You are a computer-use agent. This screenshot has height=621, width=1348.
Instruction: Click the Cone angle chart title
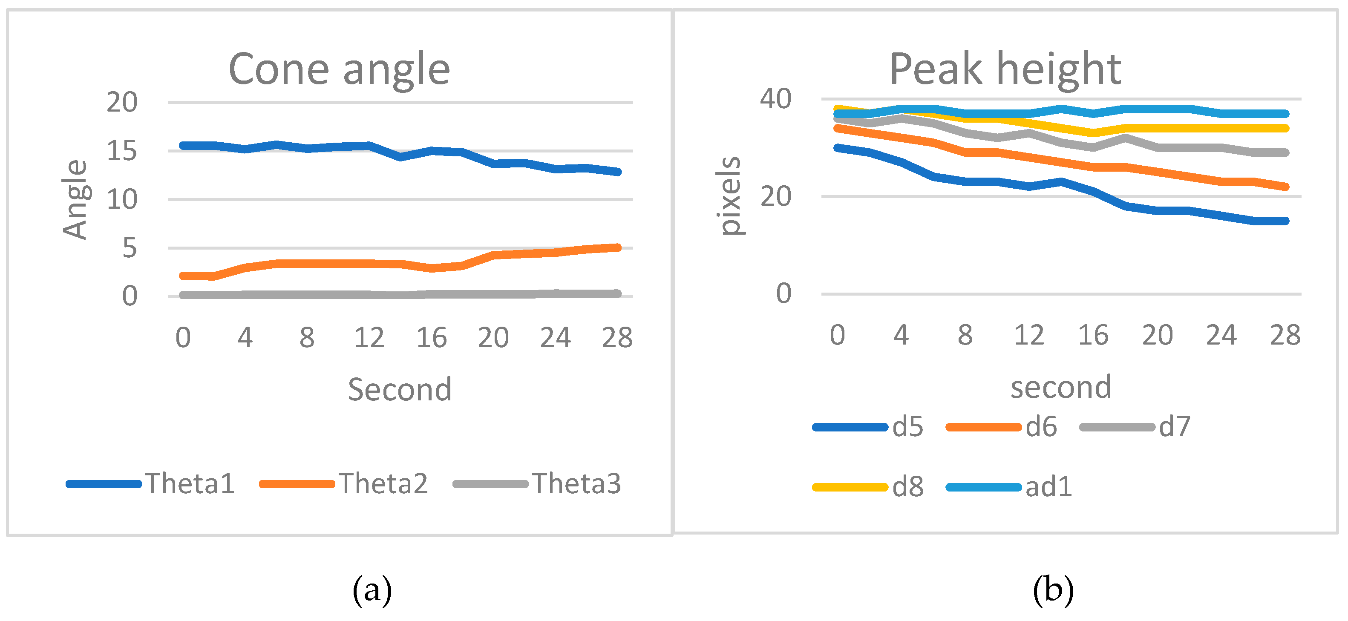[x=339, y=69]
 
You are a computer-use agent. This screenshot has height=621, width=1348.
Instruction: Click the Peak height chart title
[x=1005, y=69]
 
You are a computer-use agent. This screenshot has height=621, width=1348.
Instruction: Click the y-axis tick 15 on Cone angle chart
[x=121, y=151]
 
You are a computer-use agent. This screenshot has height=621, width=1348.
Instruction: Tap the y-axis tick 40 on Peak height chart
[x=775, y=99]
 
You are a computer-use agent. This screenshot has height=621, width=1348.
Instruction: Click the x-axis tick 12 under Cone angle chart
[x=369, y=337]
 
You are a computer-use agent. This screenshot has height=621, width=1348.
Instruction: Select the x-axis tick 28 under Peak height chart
[x=1285, y=335]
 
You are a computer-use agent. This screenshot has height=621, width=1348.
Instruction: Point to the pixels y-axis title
[x=729, y=196]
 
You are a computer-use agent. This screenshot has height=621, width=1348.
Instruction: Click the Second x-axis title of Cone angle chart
[x=400, y=390]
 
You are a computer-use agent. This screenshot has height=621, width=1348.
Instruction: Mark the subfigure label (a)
[x=372, y=590]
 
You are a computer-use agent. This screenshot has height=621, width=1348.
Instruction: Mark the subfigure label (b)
[x=1053, y=590]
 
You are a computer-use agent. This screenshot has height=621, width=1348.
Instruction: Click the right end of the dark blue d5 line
[x=1285, y=221]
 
